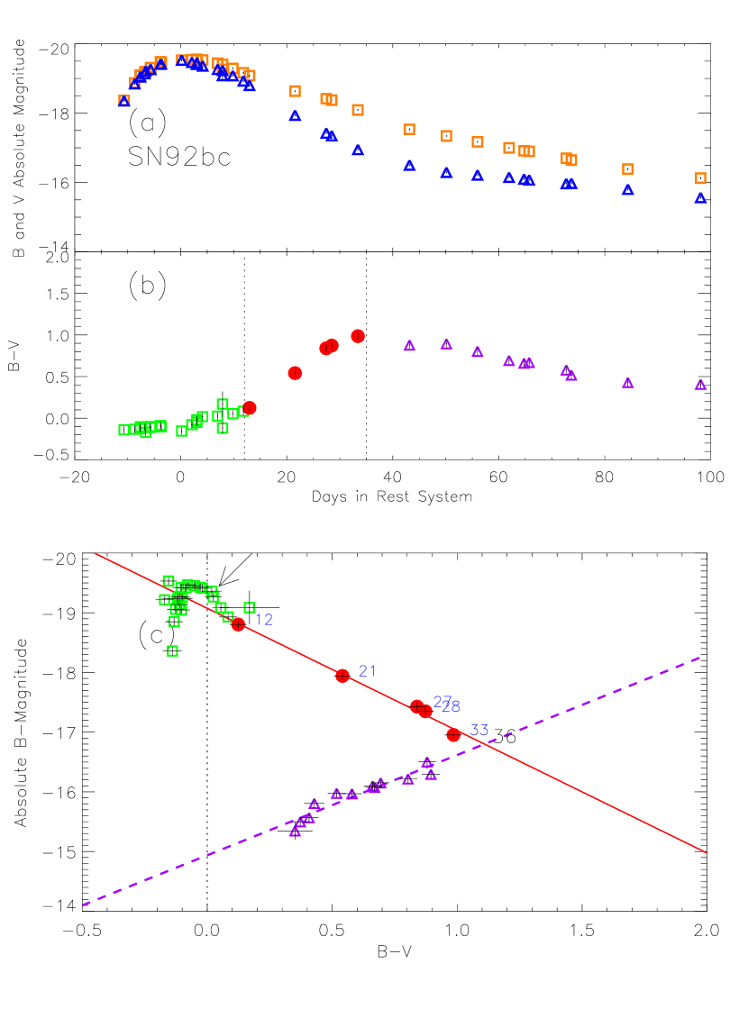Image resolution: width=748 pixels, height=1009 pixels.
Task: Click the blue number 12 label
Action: [x=263, y=620]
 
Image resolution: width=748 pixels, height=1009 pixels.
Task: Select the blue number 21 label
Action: [x=368, y=671]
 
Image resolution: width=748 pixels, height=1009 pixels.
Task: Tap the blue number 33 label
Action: [x=479, y=731]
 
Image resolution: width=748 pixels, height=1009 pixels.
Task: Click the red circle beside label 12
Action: [x=238, y=624]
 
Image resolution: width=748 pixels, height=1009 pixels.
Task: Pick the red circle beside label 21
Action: [x=342, y=676]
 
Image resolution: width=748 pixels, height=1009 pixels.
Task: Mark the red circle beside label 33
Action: [x=453, y=735]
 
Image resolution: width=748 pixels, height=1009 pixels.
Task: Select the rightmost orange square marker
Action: [x=700, y=178]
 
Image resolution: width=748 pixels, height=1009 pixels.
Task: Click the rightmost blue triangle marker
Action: [x=700, y=198]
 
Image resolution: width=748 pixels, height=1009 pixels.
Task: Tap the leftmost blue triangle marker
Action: [x=124, y=101]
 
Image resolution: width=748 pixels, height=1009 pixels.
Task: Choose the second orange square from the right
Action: [x=628, y=169]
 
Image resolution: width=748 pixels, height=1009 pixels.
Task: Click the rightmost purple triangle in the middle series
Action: [x=700, y=385]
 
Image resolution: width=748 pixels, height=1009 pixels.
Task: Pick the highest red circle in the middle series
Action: [x=358, y=336]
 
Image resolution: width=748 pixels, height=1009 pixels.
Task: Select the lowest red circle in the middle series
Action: [x=250, y=408]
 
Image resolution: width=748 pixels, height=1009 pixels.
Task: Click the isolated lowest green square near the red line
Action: [x=172, y=650]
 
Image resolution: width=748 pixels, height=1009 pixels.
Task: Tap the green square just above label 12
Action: [x=250, y=608]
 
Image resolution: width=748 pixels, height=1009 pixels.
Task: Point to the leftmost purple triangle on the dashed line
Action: [x=295, y=832]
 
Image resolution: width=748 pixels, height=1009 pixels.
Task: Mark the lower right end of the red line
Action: [x=706, y=851]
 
